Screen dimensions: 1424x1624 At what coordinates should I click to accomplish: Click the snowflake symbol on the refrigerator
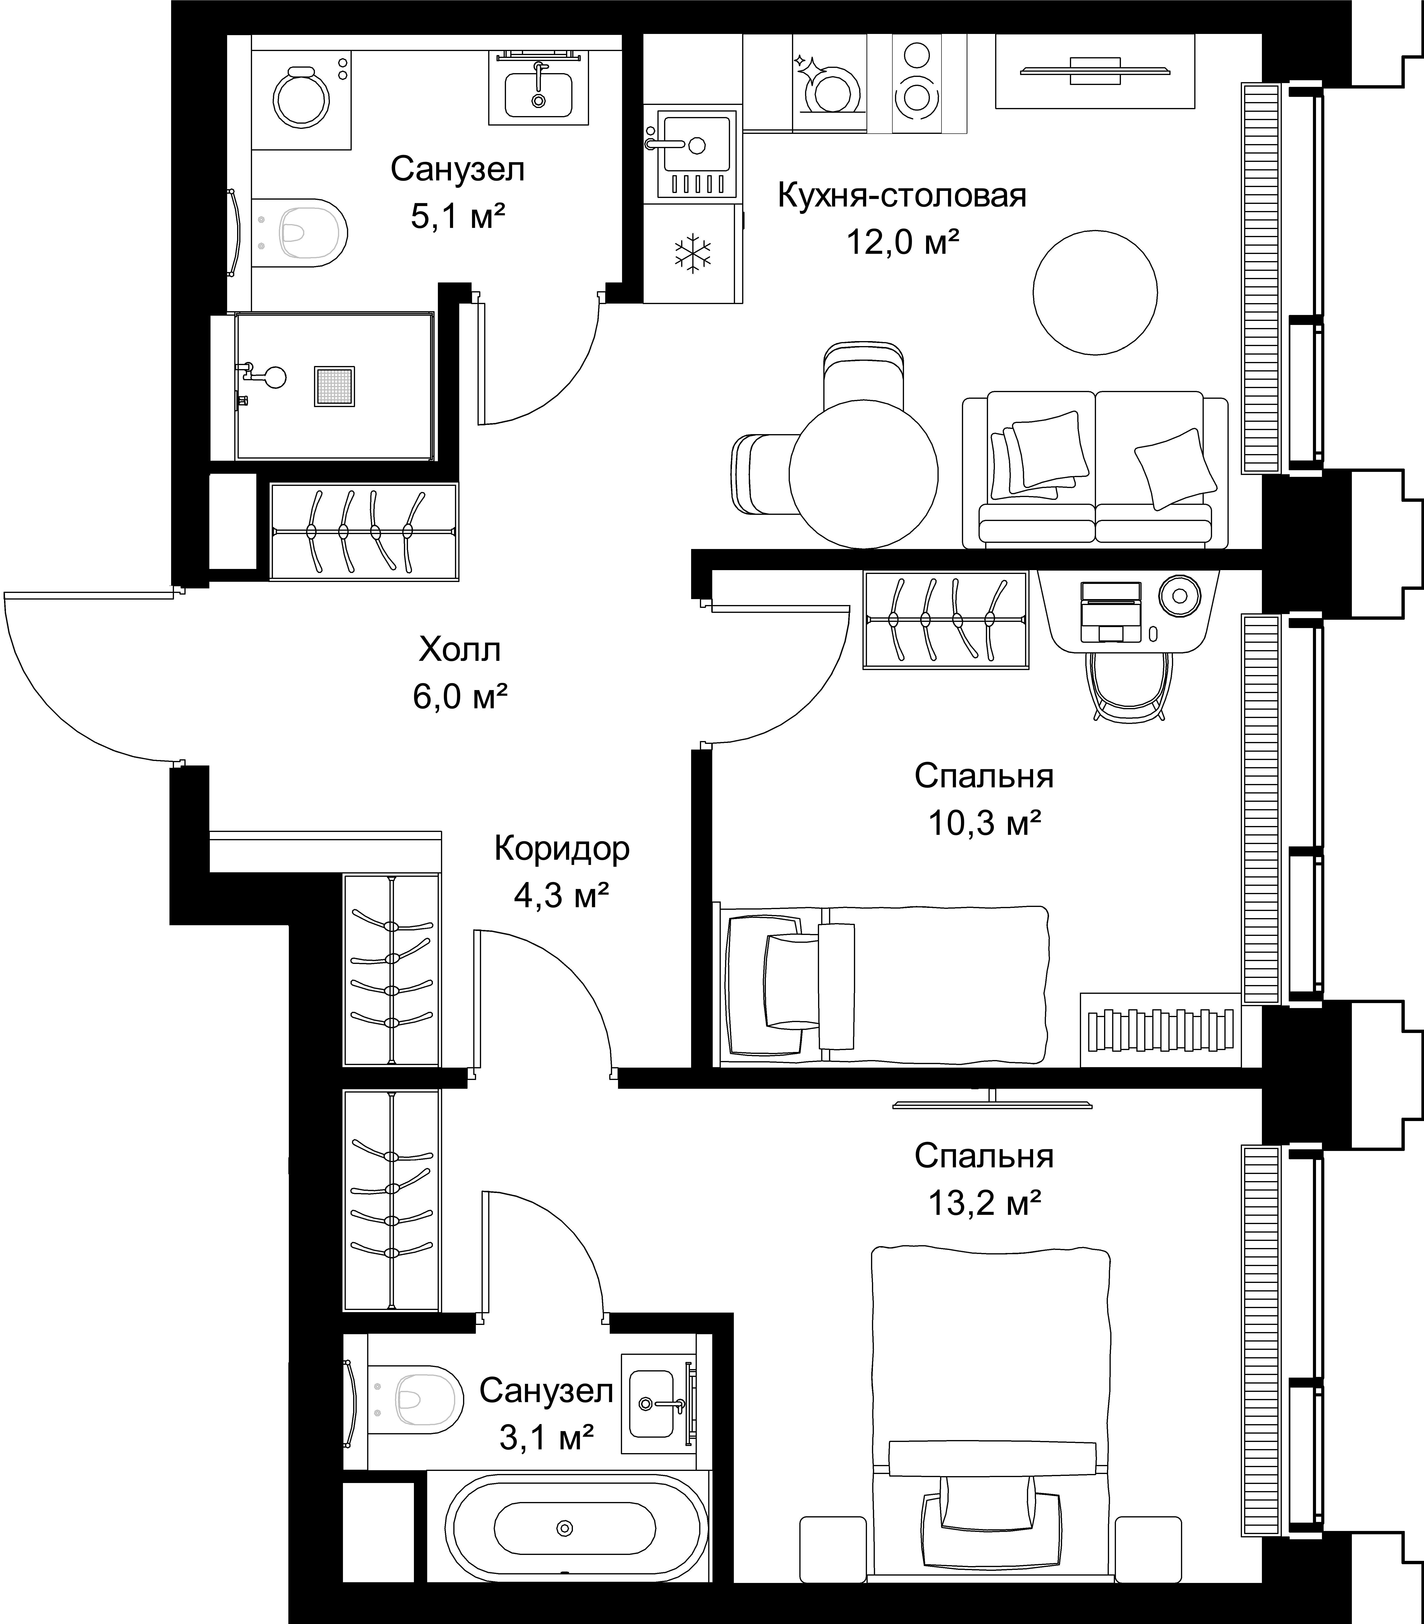coord(693,253)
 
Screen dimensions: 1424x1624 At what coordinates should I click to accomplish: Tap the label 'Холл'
coord(460,650)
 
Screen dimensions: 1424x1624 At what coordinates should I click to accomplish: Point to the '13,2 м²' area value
coord(984,1204)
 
